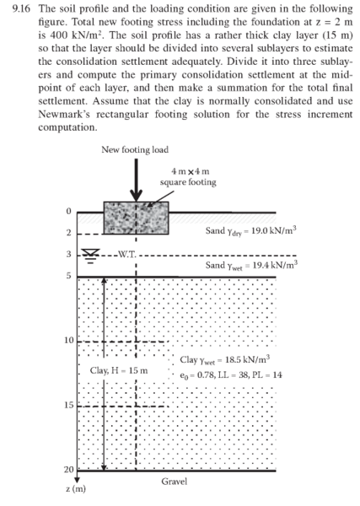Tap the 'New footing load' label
134,149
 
